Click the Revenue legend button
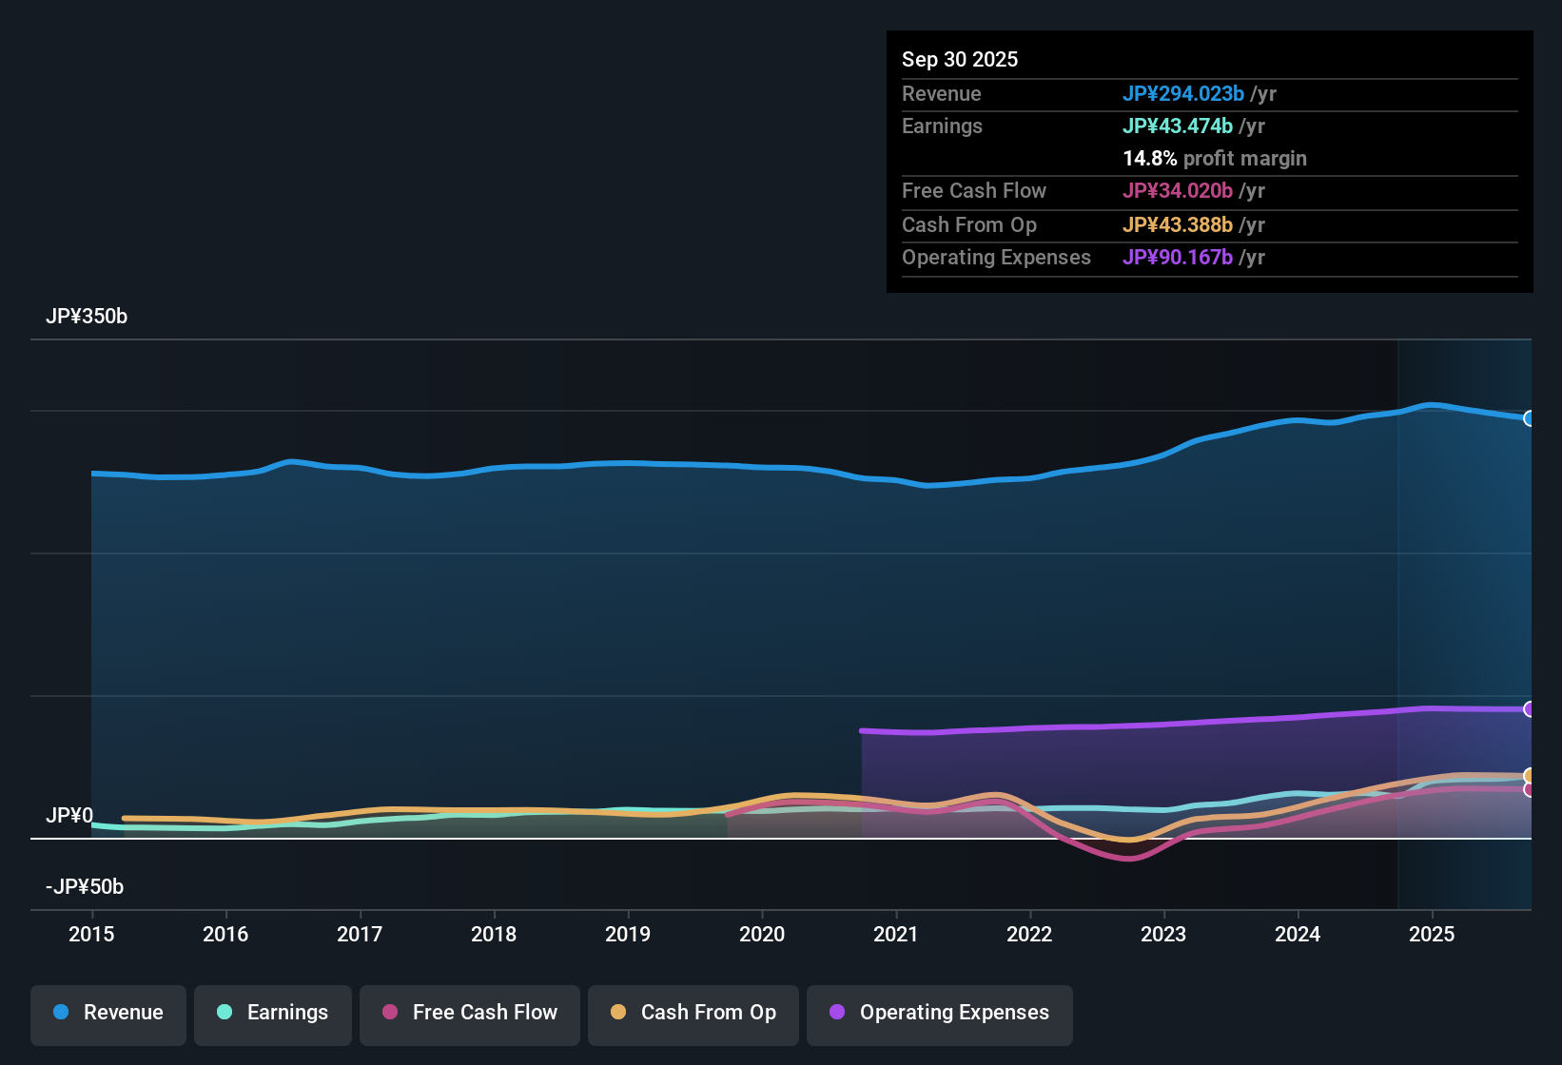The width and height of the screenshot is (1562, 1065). pyautogui.click(x=108, y=1013)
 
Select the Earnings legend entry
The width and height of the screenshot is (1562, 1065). pyautogui.click(x=273, y=1013)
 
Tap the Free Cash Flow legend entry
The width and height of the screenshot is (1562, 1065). pyautogui.click(x=470, y=1013)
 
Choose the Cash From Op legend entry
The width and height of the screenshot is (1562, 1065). pyautogui.click(x=693, y=1013)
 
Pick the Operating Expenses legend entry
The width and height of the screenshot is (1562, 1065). pyautogui.click(x=940, y=1013)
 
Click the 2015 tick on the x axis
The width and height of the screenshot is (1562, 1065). pyautogui.click(x=91, y=934)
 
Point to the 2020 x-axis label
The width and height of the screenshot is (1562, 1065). pyautogui.click(x=762, y=934)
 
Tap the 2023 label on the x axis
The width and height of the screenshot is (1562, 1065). pyautogui.click(x=1163, y=934)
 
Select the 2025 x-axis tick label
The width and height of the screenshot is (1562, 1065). pyautogui.click(x=1432, y=934)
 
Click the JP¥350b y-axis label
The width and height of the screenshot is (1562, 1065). pyautogui.click(x=87, y=317)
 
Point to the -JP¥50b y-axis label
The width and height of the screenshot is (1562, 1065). pyautogui.click(x=85, y=887)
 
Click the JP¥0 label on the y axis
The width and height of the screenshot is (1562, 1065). pyautogui.click(x=69, y=816)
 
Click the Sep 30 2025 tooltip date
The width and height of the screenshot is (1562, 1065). pyautogui.click(x=960, y=60)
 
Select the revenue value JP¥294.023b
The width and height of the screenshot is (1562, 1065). pyautogui.click(x=1183, y=94)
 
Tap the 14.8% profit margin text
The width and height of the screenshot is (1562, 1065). pyautogui.click(x=1215, y=159)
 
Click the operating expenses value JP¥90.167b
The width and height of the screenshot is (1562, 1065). pyautogui.click(x=1178, y=258)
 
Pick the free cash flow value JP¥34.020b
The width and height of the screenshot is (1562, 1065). pyautogui.click(x=1178, y=191)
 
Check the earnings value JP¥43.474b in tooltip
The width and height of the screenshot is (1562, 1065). pyautogui.click(x=1178, y=126)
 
